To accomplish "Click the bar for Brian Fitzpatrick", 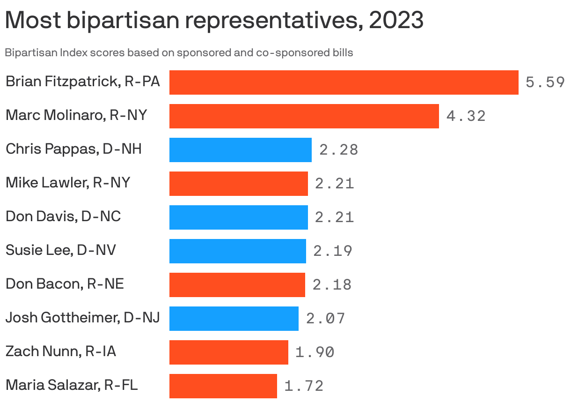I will click(344, 82).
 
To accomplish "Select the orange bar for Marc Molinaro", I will click(304, 116).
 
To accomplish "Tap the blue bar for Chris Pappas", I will click(240, 150).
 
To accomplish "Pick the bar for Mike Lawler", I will click(238, 184).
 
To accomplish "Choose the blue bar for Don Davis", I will click(238, 217).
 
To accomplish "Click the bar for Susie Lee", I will click(237, 251).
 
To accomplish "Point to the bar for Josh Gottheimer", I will click(234, 319).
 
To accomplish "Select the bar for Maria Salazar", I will click(223, 386).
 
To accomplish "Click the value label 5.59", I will click(545, 83).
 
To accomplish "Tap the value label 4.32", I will click(466, 116).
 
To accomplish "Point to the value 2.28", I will click(338, 150).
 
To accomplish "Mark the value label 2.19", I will click(332, 251).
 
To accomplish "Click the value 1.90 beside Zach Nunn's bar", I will click(315, 352).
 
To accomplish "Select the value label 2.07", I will click(325, 319).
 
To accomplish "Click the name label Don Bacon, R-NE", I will click(65, 284).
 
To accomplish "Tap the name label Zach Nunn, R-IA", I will click(60, 351).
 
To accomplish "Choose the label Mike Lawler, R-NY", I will click(67, 183).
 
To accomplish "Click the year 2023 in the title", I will click(396, 21).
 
